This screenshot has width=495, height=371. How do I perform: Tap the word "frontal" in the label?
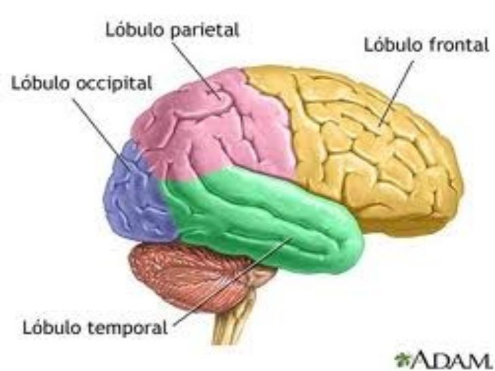[x=463, y=46]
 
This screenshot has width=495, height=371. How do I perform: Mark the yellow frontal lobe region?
[x=367, y=156]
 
